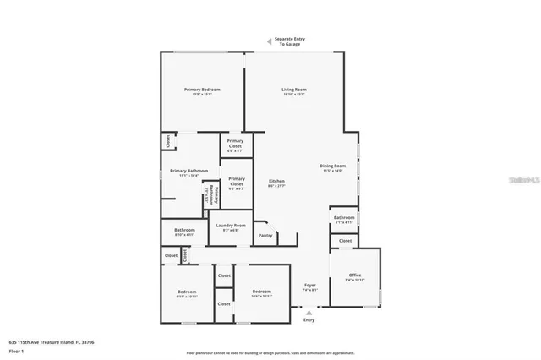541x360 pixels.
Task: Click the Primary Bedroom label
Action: click(203, 90)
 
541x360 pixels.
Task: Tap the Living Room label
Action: click(294, 90)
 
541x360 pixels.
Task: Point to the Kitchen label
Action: click(276, 182)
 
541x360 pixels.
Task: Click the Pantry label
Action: click(265, 236)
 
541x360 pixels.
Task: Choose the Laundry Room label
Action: click(231, 225)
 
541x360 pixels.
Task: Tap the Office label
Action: click(356, 275)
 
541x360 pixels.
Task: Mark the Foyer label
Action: click(309, 287)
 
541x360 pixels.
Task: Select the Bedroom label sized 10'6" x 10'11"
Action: click(262, 292)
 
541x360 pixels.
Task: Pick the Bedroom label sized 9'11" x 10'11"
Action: click(187, 292)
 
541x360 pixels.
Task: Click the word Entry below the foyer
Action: click(309, 320)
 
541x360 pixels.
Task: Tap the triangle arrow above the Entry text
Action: click(309, 312)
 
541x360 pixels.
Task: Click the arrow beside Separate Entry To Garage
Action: click(268, 40)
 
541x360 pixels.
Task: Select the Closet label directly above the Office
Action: click(345, 241)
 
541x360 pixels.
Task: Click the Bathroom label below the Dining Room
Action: click(344, 218)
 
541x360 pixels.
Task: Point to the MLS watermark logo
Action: click(523, 180)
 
